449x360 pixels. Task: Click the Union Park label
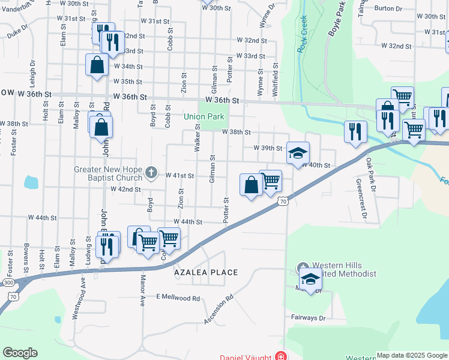point(203,116)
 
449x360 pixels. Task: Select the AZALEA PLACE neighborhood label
point(206,272)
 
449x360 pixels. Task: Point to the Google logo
point(20,353)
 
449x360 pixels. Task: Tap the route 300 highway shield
point(8,282)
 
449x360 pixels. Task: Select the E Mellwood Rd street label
point(178,298)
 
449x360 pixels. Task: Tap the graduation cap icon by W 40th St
point(298,154)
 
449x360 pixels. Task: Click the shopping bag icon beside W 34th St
point(97,65)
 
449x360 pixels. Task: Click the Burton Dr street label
point(388,8)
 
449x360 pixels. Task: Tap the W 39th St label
point(268,148)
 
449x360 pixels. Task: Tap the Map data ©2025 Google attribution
point(411,355)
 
